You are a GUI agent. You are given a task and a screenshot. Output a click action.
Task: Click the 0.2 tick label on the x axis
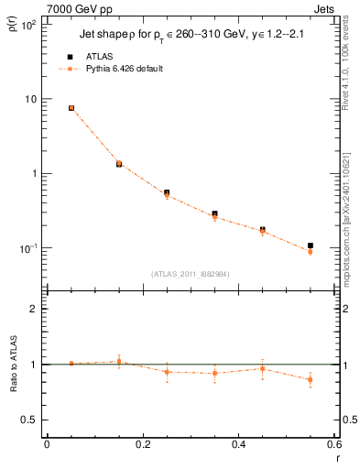[x=142, y=445]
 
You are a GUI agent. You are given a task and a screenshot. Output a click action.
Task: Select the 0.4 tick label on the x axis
[x=238, y=445]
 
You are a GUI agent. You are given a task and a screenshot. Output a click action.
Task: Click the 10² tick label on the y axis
[x=28, y=25]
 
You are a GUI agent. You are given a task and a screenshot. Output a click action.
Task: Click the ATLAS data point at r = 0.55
[x=311, y=245]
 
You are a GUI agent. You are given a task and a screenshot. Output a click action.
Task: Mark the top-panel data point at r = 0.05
[x=71, y=108]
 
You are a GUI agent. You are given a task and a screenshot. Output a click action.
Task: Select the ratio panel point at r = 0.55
[x=311, y=379]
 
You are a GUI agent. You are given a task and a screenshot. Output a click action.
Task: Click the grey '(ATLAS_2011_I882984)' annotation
[x=190, y=273]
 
